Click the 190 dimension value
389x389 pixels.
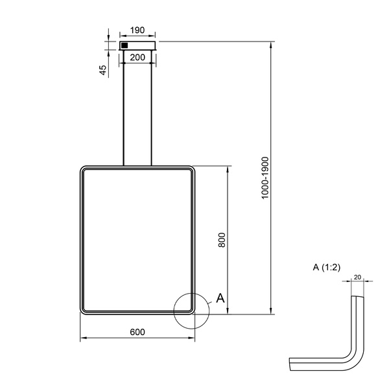coord(137,30)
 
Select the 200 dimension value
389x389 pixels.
coord(137,58)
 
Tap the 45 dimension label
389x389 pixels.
coord(102,70)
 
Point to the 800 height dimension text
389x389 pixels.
coord(222,240)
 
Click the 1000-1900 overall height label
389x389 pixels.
coord(265,178)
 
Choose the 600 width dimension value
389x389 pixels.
coord(137,332)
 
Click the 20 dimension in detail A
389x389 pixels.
coord(357,277)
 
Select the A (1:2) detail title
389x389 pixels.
coord(327,267)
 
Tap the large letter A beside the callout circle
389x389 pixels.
coord(220,298)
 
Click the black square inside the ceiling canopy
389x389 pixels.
coord(124,45)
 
